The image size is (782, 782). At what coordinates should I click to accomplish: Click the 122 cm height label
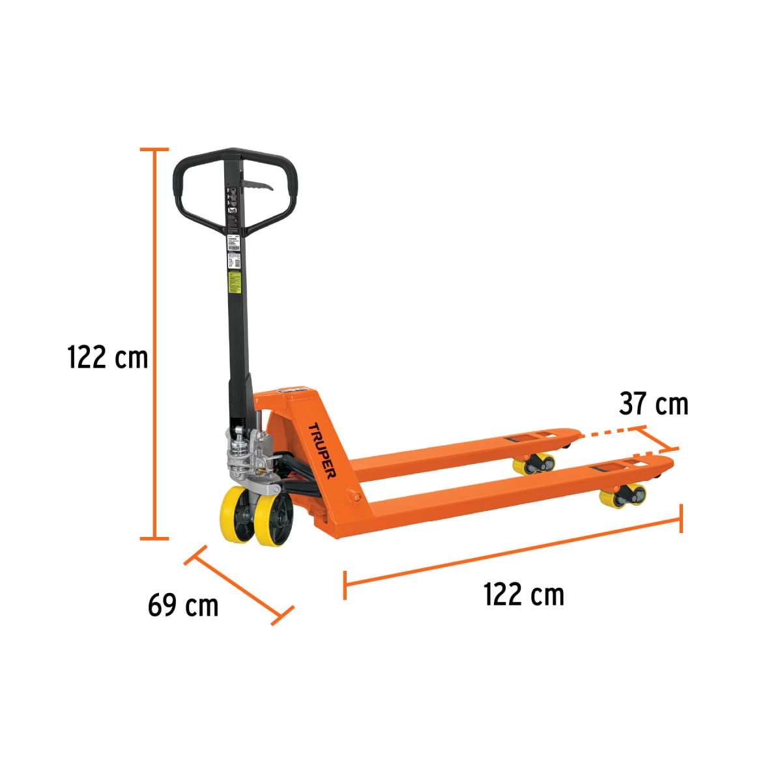(x=108, y=358)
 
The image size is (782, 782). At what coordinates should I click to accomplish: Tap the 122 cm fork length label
(x=523, y=595)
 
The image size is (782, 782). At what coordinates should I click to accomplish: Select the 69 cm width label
(x=183, y=605)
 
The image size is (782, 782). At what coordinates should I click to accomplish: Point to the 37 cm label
(x=654, y=404)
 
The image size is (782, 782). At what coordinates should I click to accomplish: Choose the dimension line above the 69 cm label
(x=239, y=585)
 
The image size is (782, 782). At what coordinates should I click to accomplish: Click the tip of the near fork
(x=665, y=462)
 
